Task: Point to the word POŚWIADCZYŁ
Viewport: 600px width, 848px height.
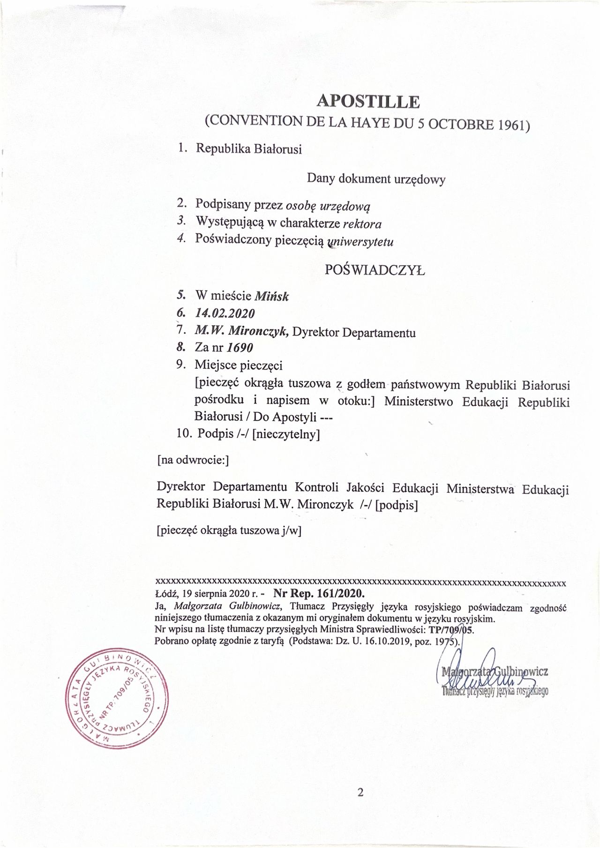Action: [x=375, y=270]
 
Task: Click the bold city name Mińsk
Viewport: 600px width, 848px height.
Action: [x=271, y=297]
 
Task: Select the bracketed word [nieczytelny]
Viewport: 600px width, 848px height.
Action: [x=286, y=434]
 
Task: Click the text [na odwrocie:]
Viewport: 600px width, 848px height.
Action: [x=193, y=461]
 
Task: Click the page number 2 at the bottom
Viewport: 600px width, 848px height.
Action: [x=360, y=793]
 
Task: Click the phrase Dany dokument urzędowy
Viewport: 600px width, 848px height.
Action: [x=375, y=179]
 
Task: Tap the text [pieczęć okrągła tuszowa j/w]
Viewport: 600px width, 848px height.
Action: [x=228, y=531]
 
